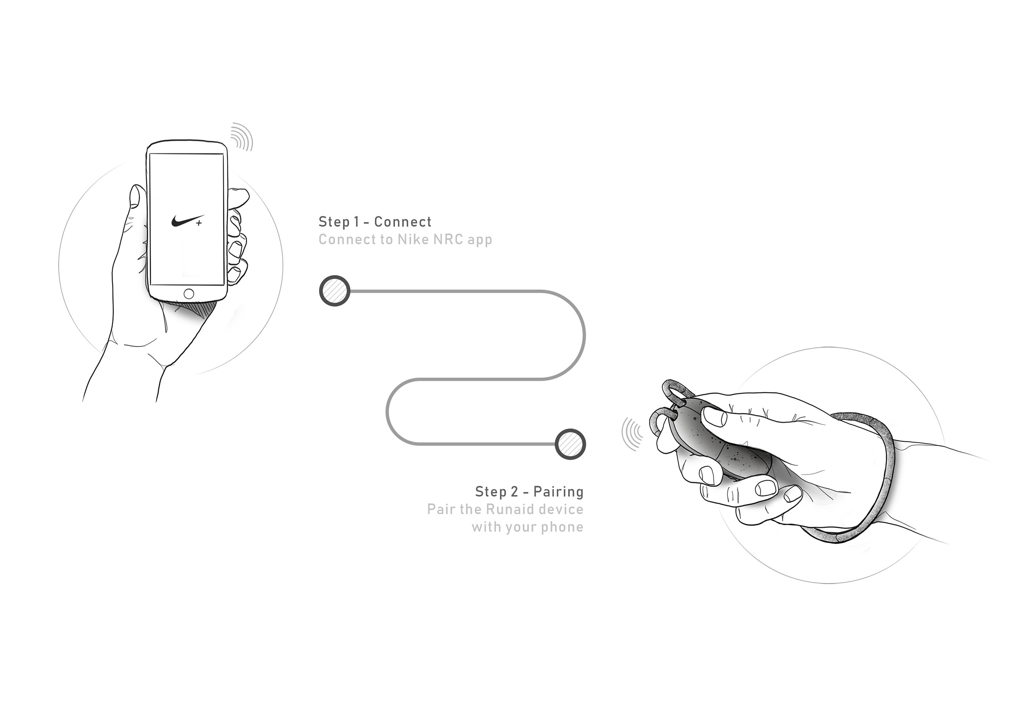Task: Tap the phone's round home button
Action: tap(189, 294)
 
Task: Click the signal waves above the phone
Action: tap(242, 136)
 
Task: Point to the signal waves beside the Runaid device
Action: tap(632, 434)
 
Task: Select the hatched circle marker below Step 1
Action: tap(335, 291)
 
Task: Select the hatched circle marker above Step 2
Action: tap(570, 444)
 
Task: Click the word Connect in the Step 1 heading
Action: tap(403, 222)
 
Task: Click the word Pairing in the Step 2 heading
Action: tap(558, 492)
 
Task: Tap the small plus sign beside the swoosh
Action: tap(199, 223)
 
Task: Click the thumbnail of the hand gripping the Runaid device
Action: tap(805, 465)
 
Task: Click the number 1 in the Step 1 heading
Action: tap(357, 222)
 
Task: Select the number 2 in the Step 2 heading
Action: tap(514, 492)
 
